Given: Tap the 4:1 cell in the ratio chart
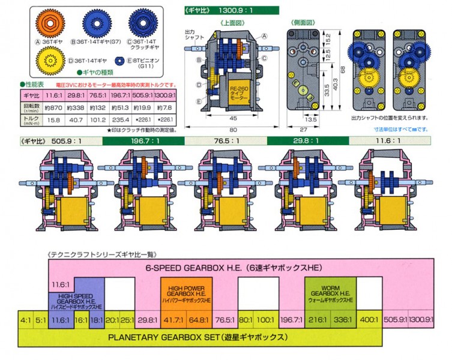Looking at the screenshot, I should pyautogui.click(x=26, y=320).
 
